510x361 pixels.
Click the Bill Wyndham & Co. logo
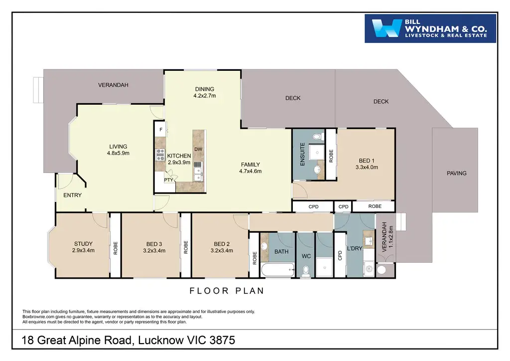[x=430, y=28]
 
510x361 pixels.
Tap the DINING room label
[x=205, y=89]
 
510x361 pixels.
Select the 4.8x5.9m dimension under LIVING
[x=118, y=153]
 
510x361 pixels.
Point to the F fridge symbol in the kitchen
[x=161, y=130]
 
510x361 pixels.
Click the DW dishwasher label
[x=198, y=150]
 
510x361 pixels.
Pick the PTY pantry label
[x=168, y=180]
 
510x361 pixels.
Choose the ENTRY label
[x=72, y=195]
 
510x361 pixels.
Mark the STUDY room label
[x=83, y=243]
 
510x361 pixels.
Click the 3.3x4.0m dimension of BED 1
[x=367, y=168]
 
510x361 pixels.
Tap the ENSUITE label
[x=302, y=154]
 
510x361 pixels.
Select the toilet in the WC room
[x=306, y=271]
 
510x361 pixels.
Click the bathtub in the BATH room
[x=278, y=270]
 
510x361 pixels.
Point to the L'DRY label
[x=355, y=248]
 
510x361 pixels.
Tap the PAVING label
[x=456, y=173]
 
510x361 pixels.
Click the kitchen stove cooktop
[x=160, y=155]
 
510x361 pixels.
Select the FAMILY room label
[x=251, y=165]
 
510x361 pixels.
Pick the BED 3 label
[x=154, y=244]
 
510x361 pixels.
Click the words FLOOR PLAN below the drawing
[x=227, y=291]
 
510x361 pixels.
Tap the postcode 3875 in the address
[x=222, y=340]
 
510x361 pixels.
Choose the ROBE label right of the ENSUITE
[x=331, y=156]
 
